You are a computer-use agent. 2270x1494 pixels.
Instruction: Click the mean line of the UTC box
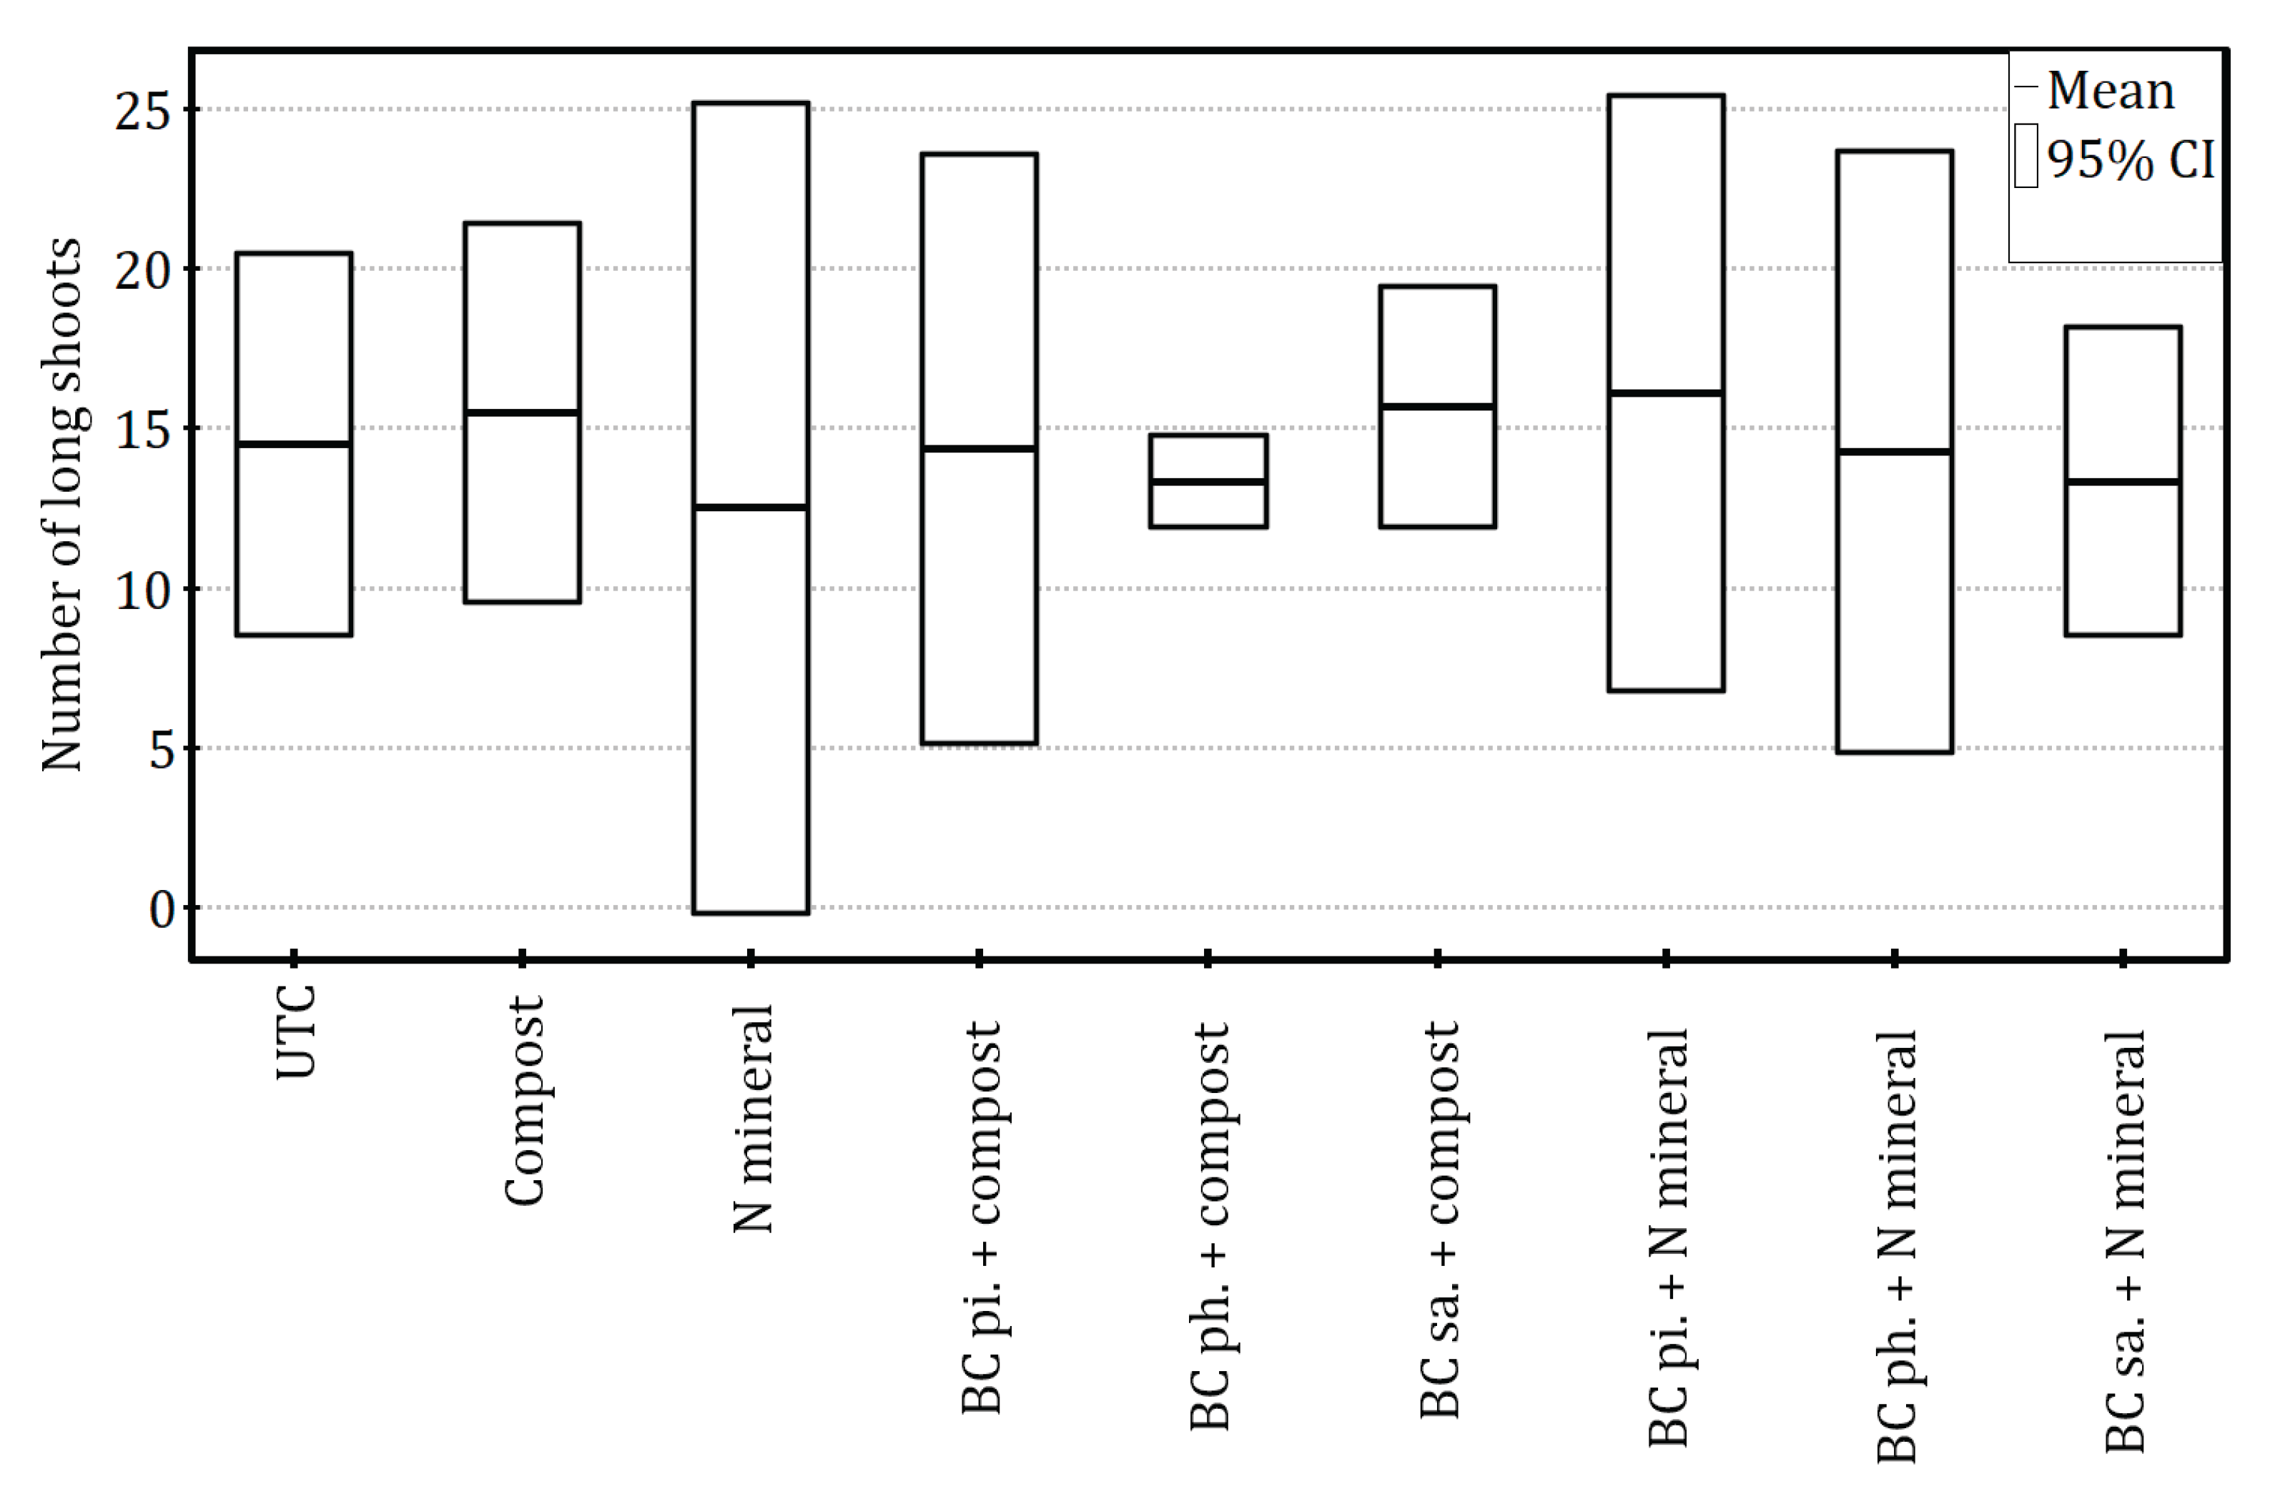click(294, 445)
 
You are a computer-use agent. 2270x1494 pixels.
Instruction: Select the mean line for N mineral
click(751, 508)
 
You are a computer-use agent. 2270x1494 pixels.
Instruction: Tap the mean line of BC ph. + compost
click(1208, 482)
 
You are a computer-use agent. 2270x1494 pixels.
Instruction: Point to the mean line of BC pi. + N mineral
click(1667, 393)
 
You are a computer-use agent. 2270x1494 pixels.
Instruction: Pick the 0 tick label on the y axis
click(162, 909)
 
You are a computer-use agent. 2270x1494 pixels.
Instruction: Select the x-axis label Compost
click(523, 1101)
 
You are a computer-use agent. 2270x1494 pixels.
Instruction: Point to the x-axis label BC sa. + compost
click(1439, 1220)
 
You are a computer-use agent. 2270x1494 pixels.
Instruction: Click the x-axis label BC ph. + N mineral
click(1896, 1245)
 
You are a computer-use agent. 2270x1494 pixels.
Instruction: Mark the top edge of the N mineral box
click(751, 103)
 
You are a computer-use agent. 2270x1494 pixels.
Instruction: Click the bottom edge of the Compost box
click(523, 602)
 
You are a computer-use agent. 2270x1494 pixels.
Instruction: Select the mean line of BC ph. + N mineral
click(1895, 452)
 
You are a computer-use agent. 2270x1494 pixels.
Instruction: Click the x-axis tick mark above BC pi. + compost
click(979, 958)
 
